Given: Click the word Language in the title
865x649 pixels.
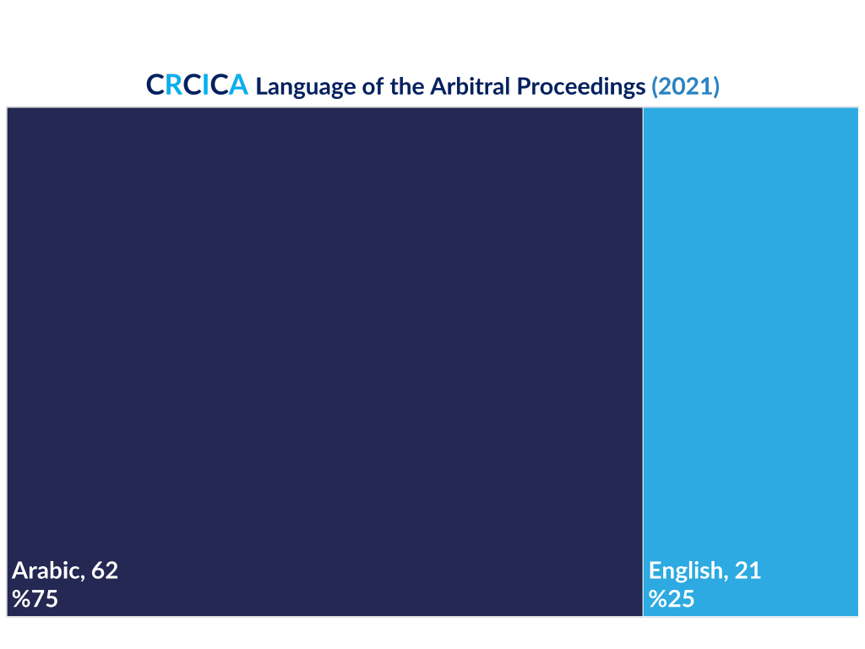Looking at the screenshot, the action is (x=306, y=87).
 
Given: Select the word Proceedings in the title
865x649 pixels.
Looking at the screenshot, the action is (x=581, y=87).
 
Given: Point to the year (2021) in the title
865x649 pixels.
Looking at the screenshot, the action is (x=685, y=87).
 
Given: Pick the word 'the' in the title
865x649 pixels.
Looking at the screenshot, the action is (x=407, y=86).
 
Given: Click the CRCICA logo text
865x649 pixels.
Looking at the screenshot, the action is (x=197, y=85).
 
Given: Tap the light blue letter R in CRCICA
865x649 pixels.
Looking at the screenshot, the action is (x=174, y=85).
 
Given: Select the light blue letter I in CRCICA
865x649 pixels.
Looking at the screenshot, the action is (x=205, y=85).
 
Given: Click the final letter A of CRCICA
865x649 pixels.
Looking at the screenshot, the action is (x=238, y=85).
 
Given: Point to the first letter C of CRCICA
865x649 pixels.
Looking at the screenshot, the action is (x=155, y=85).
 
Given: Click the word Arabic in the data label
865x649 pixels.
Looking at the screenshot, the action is (x=48, y=570).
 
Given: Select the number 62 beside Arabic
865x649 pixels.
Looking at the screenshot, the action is (x=105, y=570).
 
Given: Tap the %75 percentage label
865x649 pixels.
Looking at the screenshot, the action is (x=35, y=599).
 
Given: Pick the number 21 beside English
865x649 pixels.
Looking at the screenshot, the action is (x=748, y=570).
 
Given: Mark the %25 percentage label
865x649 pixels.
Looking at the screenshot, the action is (x=672, y=599).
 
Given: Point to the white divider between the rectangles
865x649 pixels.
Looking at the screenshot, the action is (x=643, y=362).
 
